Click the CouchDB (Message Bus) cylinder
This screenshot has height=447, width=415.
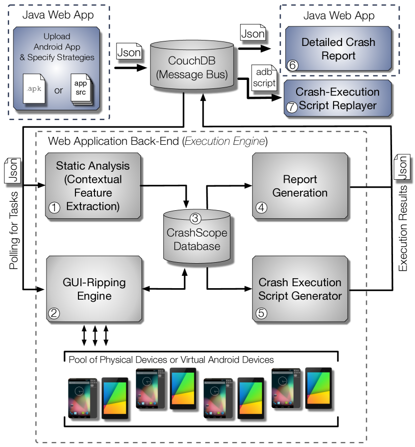point(192,64)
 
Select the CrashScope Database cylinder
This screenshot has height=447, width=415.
point(197,236)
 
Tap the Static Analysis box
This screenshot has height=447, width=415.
point(93,186)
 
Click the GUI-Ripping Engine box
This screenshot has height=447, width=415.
point(94,289)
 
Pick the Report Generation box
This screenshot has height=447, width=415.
point(300,186)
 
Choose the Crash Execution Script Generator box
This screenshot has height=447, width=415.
point(300,289)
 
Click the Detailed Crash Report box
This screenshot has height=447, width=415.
point(338,48)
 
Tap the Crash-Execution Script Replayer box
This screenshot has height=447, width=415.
point(338,98)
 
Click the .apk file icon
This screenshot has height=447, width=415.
point(34,89)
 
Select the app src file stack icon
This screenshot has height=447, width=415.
point(81,89)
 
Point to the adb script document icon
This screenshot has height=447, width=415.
point(264,77)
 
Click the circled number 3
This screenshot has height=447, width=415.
point(195,218)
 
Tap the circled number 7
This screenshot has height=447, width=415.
point(291,107)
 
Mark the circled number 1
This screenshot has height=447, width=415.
point(54,208)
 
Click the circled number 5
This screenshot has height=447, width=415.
point(261,313)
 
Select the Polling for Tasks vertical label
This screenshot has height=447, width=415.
point(13,230)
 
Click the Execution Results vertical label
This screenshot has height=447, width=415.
point(402,228)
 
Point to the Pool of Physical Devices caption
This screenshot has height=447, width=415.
point(171,360)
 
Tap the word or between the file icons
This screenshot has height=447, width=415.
point(58,90)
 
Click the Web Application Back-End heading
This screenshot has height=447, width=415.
point(158,141)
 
